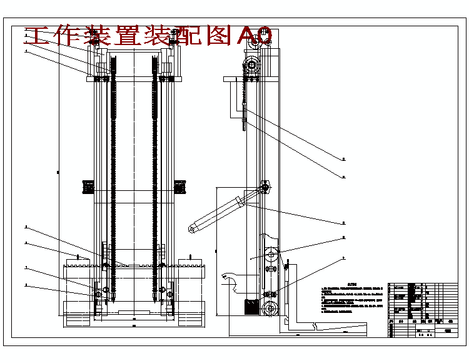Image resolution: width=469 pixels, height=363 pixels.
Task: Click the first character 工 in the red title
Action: [x=38, y=36]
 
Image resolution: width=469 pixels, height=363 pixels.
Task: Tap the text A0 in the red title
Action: [x=255, y=36]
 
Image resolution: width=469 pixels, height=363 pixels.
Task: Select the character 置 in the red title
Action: [x=126, y=36]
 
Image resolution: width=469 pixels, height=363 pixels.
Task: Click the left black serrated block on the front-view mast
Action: [x=88, y=186]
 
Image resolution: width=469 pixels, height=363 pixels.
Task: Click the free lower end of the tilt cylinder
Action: [x=191, y=228]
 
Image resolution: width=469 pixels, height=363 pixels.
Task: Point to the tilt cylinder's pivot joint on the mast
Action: [x=265, y=187]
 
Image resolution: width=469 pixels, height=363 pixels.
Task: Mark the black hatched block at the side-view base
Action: [x=250, y=307]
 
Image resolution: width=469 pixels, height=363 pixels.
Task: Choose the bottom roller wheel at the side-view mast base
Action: [x=270, y=309]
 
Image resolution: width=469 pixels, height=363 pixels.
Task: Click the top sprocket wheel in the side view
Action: [x=253, y=64]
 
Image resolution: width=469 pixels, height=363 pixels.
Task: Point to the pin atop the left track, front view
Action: [x=77, y=257]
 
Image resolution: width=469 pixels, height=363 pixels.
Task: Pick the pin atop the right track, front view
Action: [x=191, y=257]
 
